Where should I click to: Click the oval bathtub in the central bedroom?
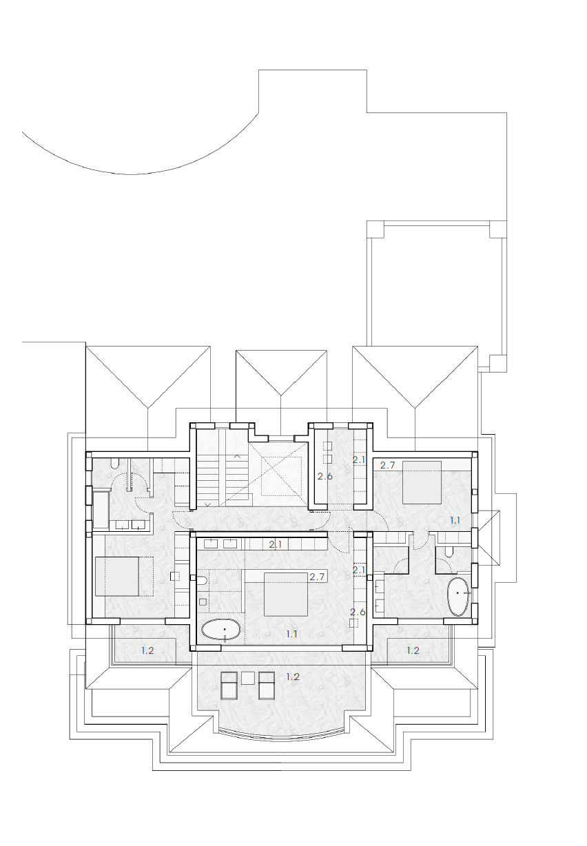pos(220,630)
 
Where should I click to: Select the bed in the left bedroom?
pos(117,577)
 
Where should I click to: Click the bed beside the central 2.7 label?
pos(285,595)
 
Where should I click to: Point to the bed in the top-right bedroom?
pos(422,483)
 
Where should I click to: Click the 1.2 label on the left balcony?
pos(147,650)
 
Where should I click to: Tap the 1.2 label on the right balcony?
pos(413,650)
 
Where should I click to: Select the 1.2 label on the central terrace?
pos(293,677)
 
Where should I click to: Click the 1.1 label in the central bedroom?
pos(291,634)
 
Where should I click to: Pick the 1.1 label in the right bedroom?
pos(455,520)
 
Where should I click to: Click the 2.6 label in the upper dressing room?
pos(325,477)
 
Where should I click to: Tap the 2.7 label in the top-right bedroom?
pos(388,466)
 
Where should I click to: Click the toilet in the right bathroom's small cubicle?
pos(448,553)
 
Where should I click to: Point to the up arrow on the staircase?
pos(237,457)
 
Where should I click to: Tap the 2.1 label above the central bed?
pos(276,545)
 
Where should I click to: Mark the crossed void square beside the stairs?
pos(281,476)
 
